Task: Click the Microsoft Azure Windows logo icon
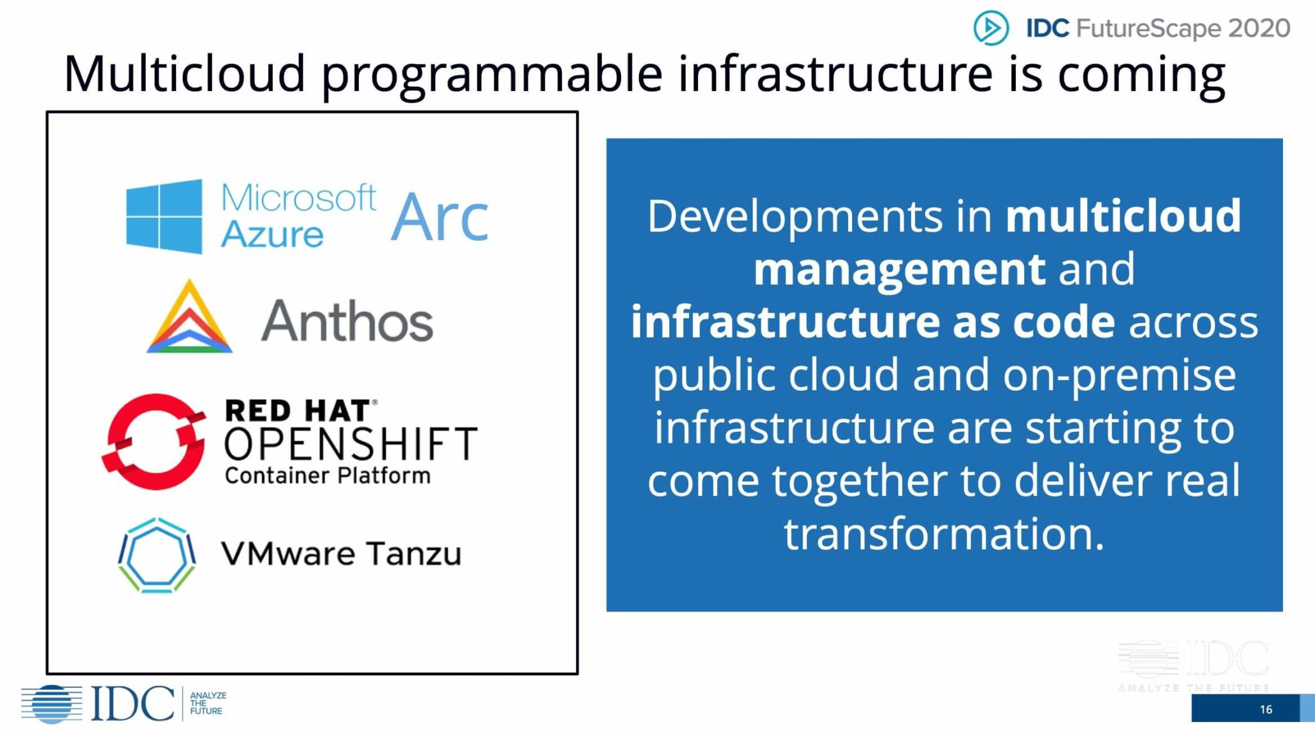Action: click(164, 216)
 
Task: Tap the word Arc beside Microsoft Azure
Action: click(440, 218)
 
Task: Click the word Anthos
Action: click(347, 321)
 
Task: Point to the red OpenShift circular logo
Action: click(154, 442)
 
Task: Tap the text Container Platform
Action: click(327, 476)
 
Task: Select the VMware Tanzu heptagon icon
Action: click(157, 555)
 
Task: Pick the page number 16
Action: click(1266, 709)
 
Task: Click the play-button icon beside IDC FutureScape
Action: click(991, 28)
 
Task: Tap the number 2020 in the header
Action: click(1259, 28)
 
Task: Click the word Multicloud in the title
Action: click(184, 73)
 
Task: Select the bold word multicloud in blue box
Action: click(1123, 216)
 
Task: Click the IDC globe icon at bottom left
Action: click(52, 704)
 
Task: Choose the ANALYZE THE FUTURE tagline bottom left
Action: click(208, 703)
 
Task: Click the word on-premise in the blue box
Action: click(1119, 376)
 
